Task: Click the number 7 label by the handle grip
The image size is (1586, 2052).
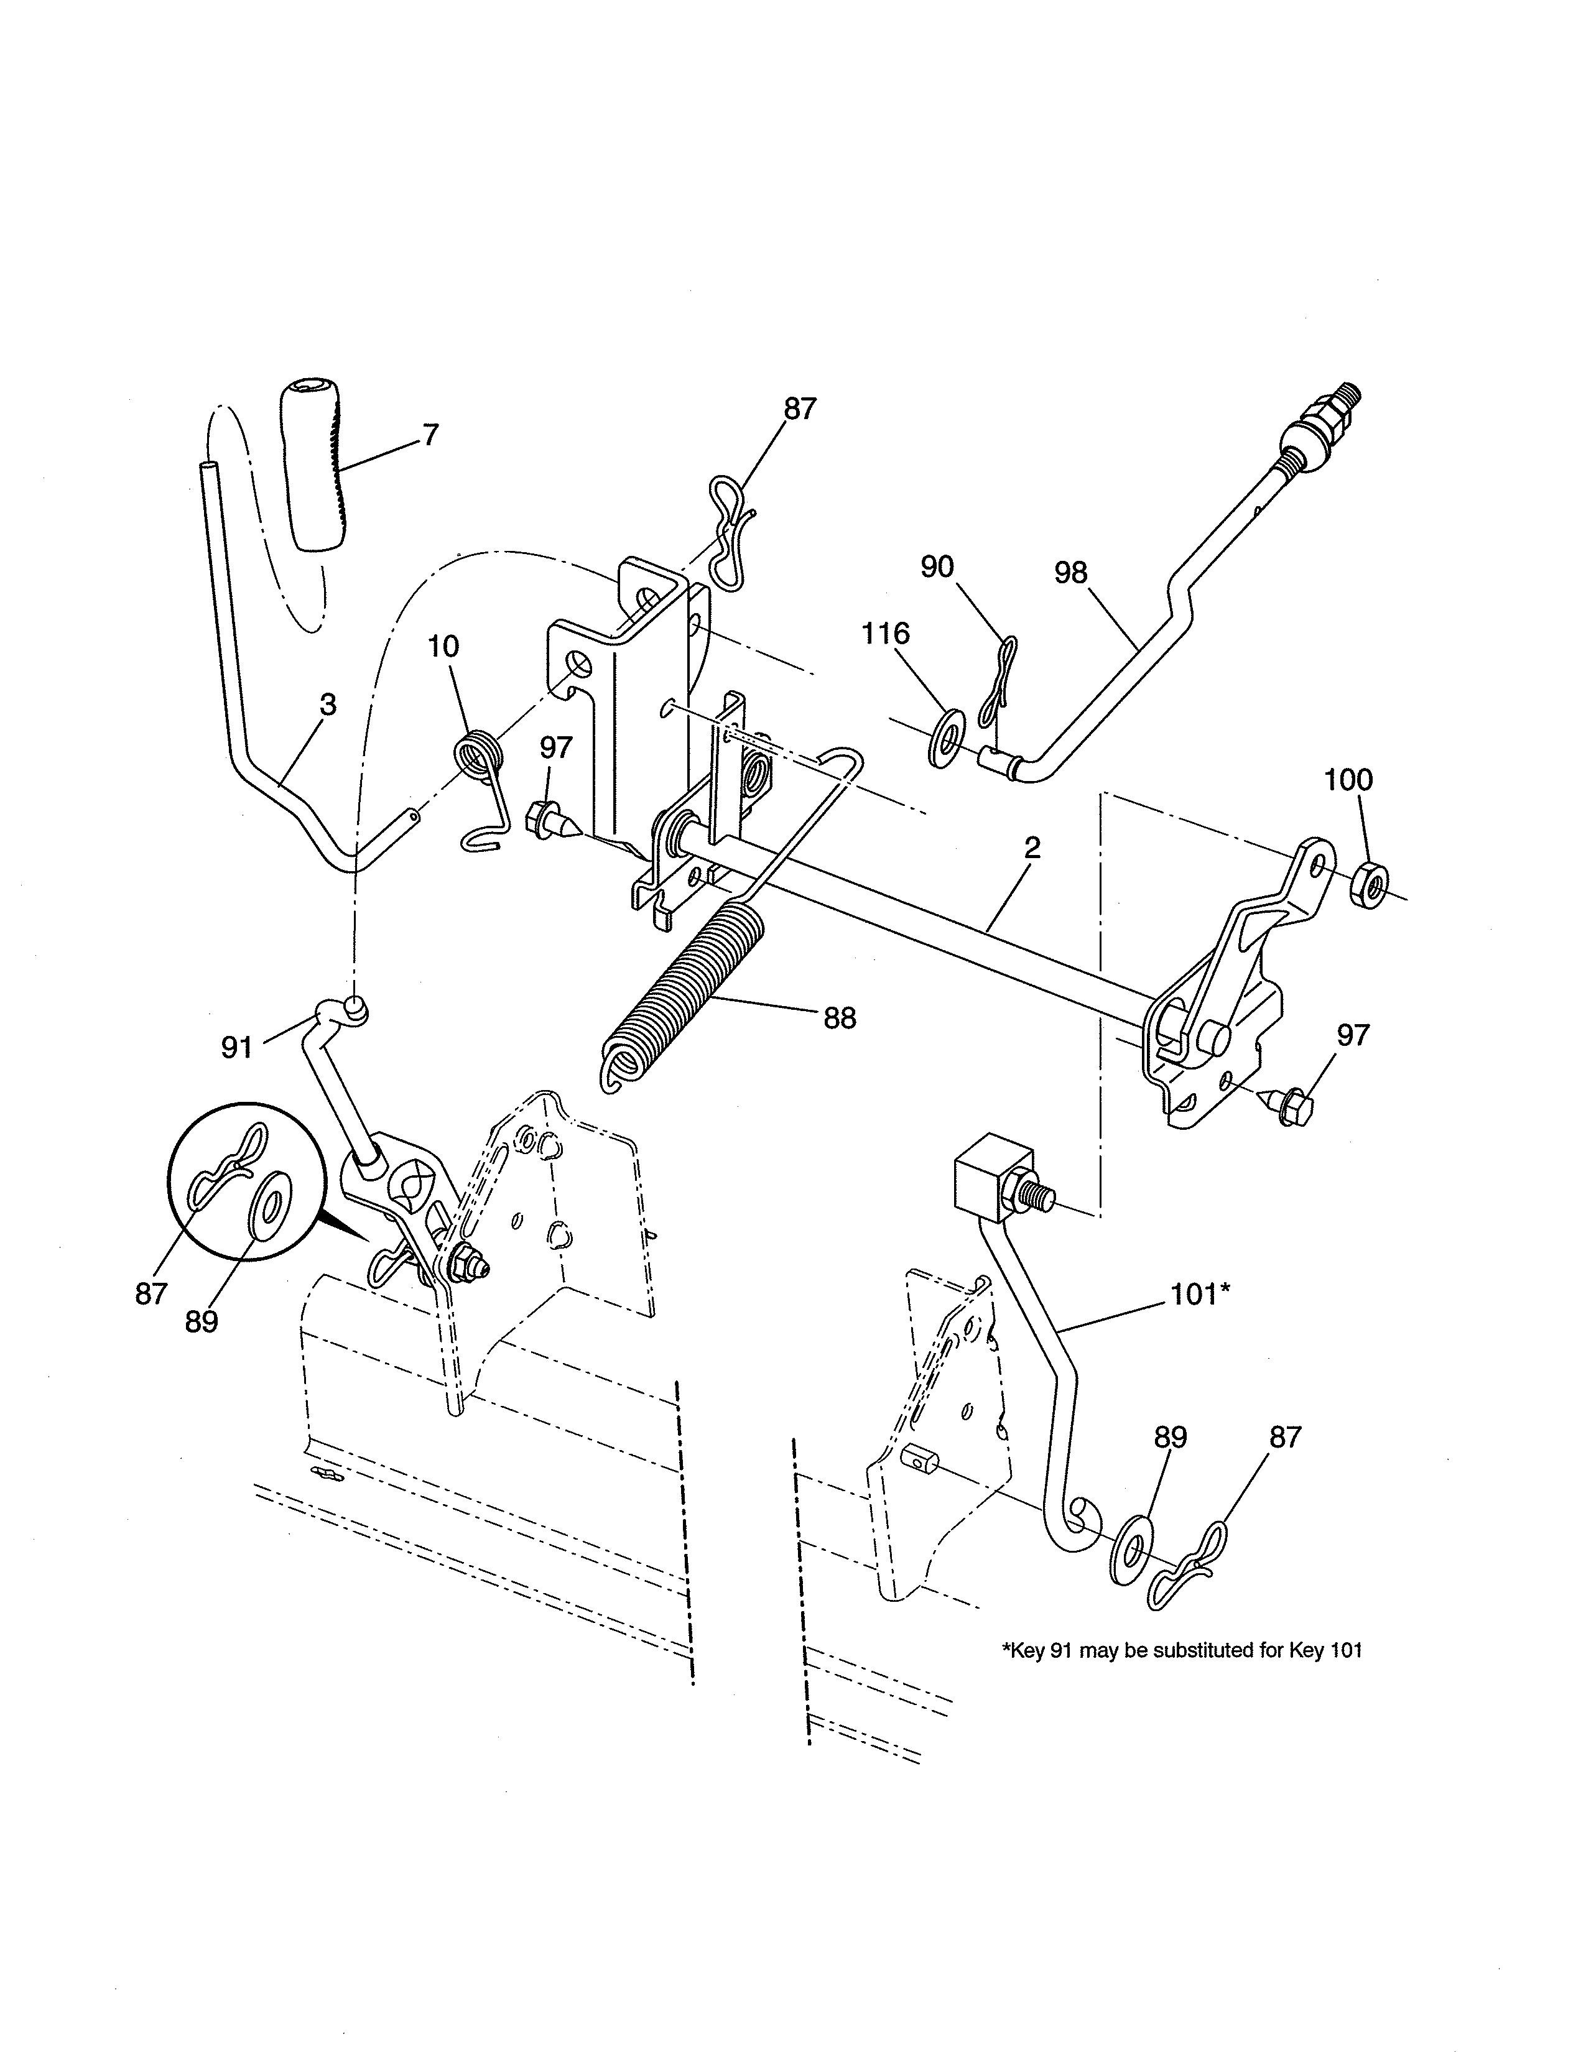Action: (430, 436)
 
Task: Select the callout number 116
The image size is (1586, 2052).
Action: (886, 634)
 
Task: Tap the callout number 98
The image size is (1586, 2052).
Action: (1070, 573)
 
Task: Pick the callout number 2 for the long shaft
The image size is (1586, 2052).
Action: (1032, 848)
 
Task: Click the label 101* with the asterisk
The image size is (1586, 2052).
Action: (1200, 1295)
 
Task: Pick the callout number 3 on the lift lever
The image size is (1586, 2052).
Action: (327, 704)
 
